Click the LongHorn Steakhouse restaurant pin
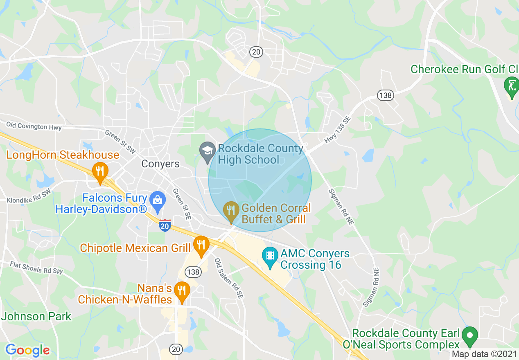[99, 173]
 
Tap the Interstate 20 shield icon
[165, 225]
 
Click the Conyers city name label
[160, 164]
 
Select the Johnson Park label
[36, 317]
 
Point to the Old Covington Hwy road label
[34, 126]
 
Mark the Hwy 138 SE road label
[338, 130]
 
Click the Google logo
[27, 350]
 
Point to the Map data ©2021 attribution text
[484, 354]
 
